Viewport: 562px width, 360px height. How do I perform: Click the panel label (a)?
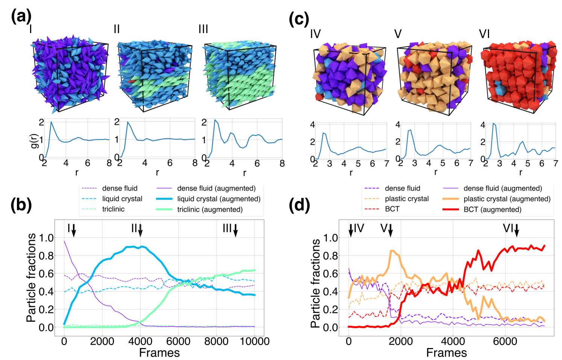coord(21,17)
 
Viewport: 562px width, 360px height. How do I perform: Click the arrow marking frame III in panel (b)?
coord(236,230)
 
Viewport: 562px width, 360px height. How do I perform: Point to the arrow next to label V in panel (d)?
coord(391,230)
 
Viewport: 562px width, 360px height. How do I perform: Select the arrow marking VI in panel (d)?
coord(517,230)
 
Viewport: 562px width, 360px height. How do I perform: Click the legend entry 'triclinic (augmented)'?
coord(210,209)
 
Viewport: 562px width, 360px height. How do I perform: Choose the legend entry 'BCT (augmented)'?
coord(492,209)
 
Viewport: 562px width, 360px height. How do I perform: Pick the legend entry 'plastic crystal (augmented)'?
coord(507,199)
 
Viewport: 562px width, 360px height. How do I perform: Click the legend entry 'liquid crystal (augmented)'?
coord(218,199)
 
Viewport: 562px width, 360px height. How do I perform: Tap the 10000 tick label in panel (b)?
coord(254,341)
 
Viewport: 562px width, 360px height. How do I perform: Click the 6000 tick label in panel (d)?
coord(505,341)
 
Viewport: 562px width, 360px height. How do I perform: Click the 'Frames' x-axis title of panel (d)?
coord(447,353)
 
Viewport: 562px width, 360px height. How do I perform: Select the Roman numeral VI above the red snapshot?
coord(485,34)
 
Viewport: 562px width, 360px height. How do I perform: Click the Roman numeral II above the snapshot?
coord(117,29)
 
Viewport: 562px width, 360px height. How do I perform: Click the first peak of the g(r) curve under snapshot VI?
coord(494,124)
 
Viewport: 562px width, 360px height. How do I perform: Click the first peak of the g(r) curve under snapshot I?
coord(51,122)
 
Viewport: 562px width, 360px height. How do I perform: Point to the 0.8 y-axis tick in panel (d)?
coord(331,256)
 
